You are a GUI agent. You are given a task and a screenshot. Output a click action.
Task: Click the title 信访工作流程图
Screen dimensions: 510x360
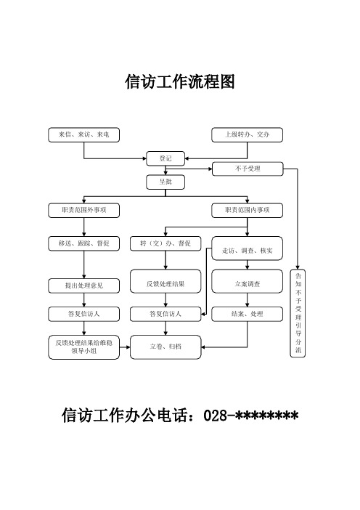point(180,81)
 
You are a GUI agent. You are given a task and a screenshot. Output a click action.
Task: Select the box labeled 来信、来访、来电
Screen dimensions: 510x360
point(84,134)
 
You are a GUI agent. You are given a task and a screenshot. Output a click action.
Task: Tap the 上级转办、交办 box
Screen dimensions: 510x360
point(247,134)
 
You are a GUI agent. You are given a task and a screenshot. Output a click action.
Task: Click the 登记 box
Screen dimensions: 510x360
point(165,156)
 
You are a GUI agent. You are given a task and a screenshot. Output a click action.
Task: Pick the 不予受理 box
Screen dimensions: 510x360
point(247,169)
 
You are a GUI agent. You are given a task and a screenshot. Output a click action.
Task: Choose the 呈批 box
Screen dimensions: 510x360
point(165,181)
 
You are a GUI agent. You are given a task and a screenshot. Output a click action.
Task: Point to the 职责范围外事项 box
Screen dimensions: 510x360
point(84,210)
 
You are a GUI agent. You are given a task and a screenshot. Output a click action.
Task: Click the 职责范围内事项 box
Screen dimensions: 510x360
point(247,210)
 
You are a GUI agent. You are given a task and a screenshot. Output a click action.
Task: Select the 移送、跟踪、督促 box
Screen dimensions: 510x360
point(84,243)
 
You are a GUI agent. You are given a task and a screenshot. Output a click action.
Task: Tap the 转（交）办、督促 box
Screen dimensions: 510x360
point(165,243)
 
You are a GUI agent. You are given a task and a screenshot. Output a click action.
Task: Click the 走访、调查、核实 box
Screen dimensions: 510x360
point(247,250)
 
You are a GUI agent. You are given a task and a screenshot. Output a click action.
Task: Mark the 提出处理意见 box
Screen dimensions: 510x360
point(84,286)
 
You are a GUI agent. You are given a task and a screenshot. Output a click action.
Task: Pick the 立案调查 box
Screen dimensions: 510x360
point(247,283)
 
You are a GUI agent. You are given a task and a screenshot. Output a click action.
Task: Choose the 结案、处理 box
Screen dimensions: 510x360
point(247,314)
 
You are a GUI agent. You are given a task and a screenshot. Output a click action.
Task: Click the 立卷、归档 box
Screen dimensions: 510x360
point(165,347)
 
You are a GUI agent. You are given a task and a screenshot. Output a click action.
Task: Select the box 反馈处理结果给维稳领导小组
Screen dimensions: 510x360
point(84,347)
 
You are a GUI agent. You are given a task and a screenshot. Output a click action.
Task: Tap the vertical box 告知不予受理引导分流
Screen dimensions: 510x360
point(299,314)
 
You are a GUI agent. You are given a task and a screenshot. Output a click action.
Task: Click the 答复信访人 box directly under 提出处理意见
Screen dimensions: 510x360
point(84,314)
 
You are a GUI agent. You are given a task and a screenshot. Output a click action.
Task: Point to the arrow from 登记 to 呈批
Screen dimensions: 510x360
point(165,169)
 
